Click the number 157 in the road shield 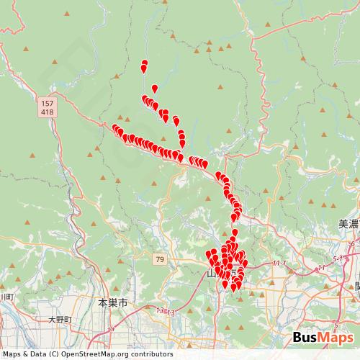tap(47, 104)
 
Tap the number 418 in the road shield tap(47, 112)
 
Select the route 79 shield tap(159, 258)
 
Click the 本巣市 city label tap(112, 304)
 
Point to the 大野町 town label tap(60, 319)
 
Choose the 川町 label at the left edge tap(6, 296)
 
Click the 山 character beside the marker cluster tap(211, 274)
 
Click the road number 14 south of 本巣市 tap(112, 328)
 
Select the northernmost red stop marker tap(145, 63)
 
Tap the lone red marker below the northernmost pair tap(154, 89)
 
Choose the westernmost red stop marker tap(115, 128)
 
